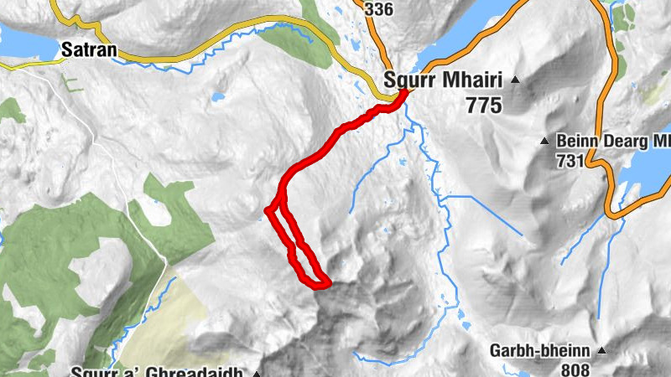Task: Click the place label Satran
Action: coord(89,51)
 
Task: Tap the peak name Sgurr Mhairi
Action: coord(441,81)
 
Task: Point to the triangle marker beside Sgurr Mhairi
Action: coord(515,80)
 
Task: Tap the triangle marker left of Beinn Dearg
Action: coord(544,140)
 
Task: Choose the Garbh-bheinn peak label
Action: coord(543,351)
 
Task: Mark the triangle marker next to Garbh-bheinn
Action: coord(601,349)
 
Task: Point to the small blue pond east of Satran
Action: coord(218,97)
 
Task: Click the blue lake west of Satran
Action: coord(25,38)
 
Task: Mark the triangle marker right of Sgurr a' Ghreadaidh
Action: coord(257,372)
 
